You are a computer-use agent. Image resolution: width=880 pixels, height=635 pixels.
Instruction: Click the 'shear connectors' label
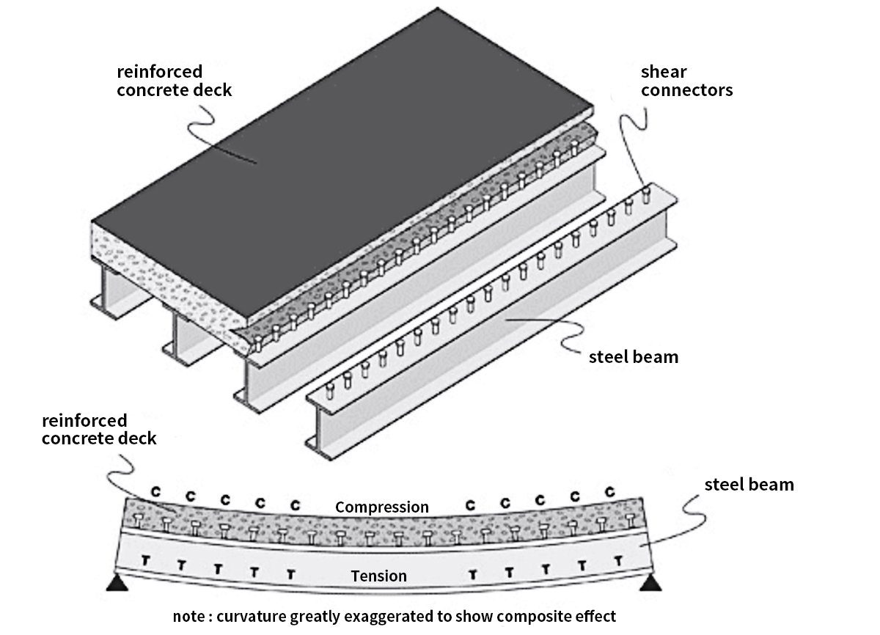686,81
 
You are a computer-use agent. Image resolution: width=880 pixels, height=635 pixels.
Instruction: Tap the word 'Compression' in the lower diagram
381,507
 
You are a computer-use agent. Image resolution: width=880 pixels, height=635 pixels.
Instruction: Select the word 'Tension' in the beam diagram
378,576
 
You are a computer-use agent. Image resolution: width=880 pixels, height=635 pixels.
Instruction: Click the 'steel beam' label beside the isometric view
634,358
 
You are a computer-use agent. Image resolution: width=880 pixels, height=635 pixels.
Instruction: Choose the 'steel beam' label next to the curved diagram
749,485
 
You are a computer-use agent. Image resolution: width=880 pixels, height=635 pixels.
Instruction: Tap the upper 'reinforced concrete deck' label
174,81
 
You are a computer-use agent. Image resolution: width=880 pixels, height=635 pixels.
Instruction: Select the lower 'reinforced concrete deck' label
99,430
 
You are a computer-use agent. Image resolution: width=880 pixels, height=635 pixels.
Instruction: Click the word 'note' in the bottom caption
188,616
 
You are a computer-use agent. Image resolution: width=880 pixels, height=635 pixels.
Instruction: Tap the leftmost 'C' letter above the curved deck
155,491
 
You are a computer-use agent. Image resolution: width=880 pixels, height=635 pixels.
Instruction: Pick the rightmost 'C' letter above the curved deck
609,491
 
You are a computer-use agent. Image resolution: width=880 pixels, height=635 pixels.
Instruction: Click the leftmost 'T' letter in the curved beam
145,560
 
